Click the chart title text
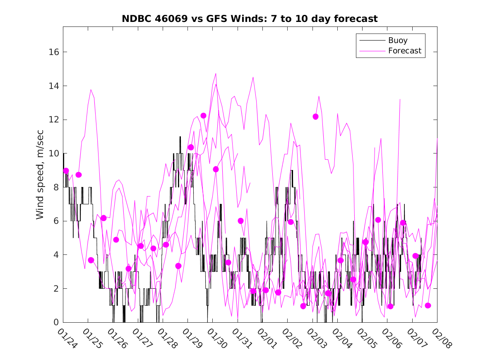click(250, 19)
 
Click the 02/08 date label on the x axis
click(440, 337)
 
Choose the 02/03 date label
click(315, 337)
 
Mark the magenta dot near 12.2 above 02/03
click(315, 117)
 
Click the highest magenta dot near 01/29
click(203, 116)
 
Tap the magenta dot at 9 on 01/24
click(66, 171)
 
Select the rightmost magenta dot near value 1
click(428, 306)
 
